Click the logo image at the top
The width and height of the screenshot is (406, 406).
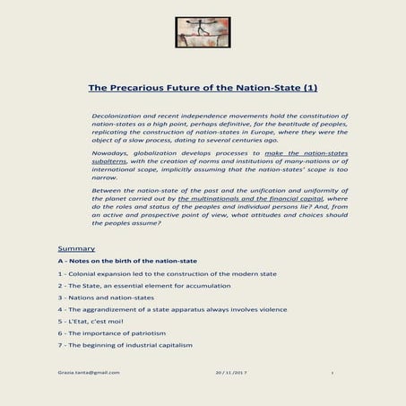pyautogui.click(x=203, y=32)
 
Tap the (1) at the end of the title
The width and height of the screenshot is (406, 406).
pyautogui.click(x=307, y=88)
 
